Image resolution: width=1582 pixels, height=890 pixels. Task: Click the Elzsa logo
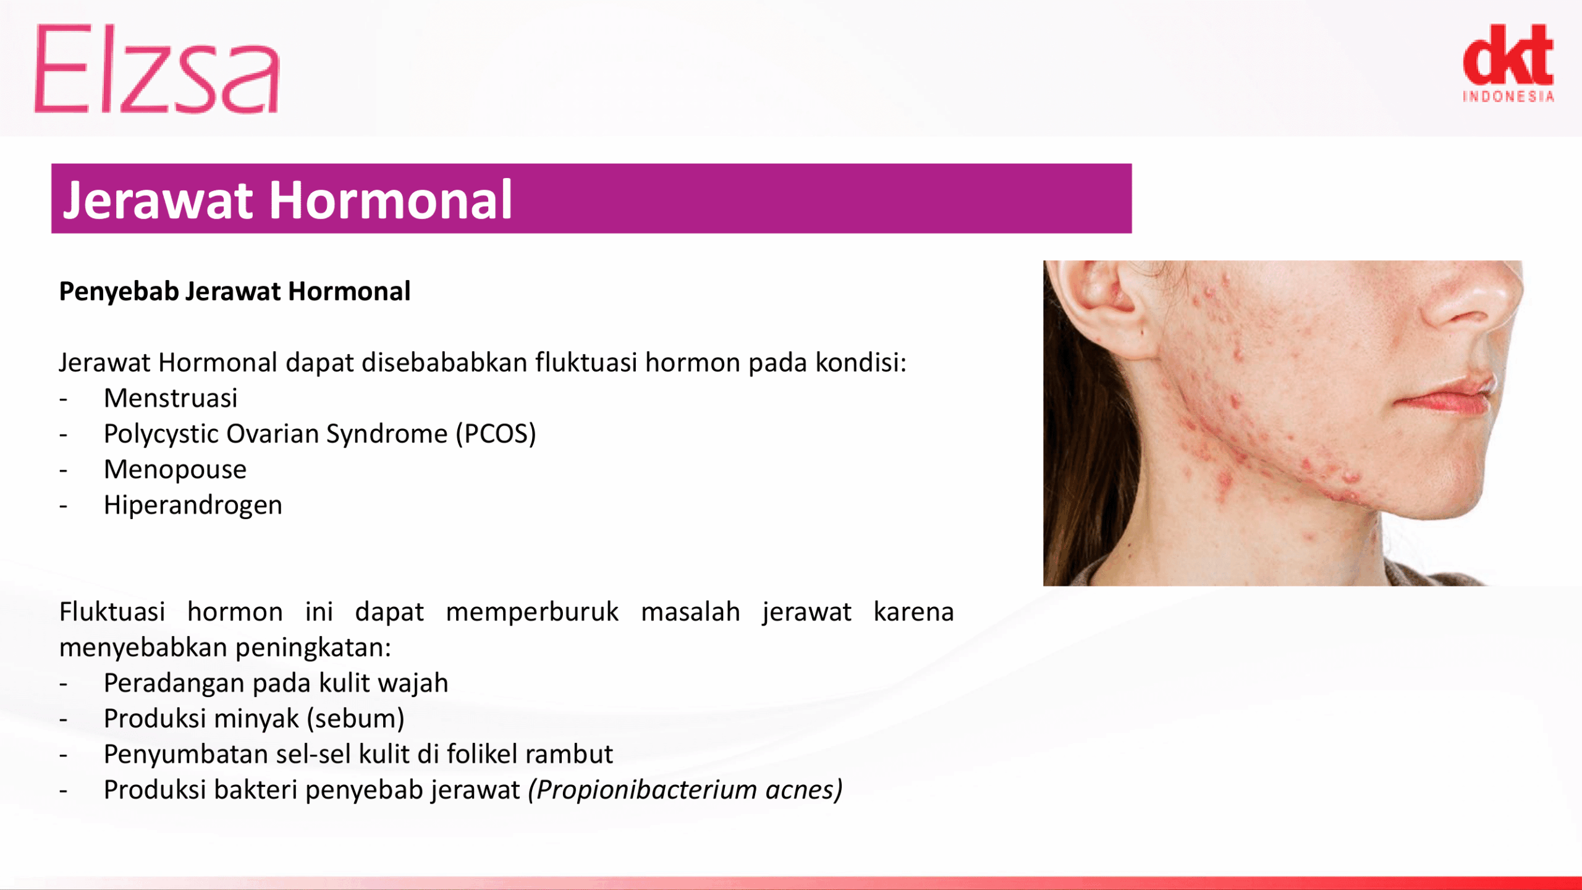[x=157, y=69]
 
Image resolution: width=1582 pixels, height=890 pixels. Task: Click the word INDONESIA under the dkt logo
[x=1508, y=96]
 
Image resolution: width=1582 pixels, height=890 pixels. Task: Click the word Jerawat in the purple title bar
[x=158, y=200]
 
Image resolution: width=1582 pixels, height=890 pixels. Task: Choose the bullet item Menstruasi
[x=171, y=398]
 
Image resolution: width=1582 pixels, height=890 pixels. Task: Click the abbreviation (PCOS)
[x=496, y=434]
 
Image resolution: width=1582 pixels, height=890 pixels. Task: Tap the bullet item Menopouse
[x=176, y=470]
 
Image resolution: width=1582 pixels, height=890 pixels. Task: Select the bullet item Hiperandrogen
[x=193, y=506]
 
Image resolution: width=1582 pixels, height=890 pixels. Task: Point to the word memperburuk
[x=532, y=612]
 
